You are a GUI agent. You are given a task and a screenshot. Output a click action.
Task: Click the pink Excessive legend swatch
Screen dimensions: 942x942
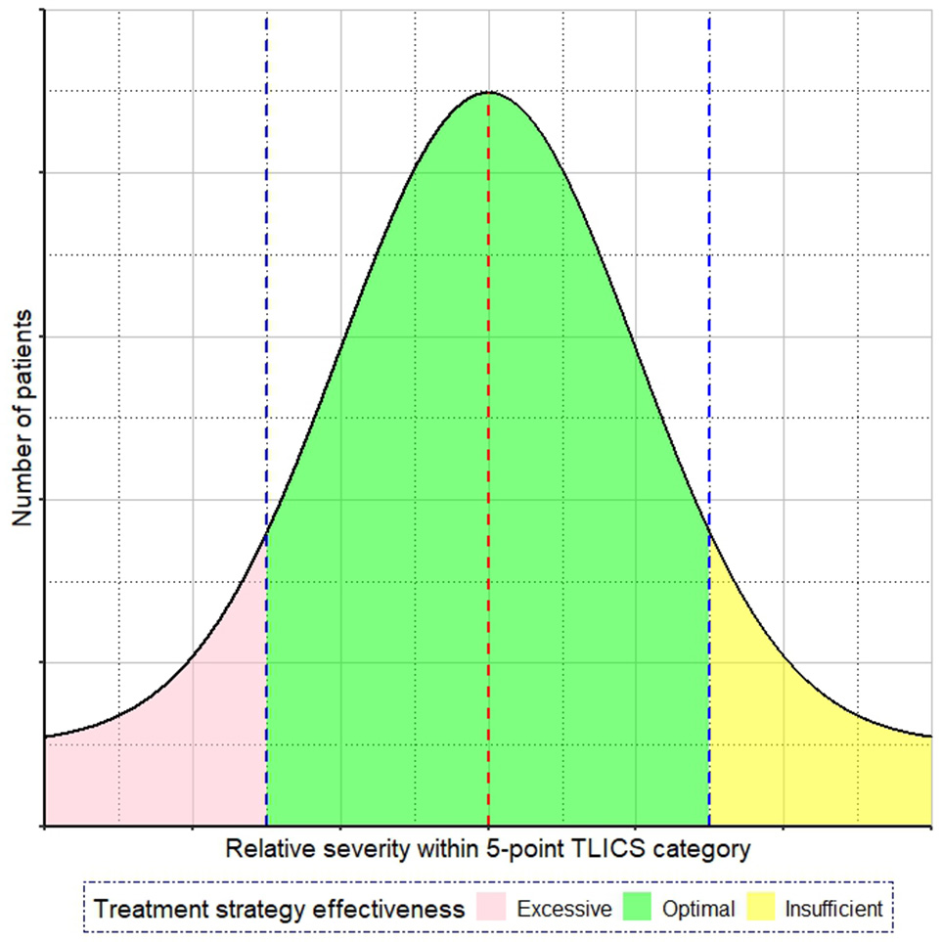498,909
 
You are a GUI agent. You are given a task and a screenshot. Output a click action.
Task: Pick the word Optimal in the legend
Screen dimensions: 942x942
698,910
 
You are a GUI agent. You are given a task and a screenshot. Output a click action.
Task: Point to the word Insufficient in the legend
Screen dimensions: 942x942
834,910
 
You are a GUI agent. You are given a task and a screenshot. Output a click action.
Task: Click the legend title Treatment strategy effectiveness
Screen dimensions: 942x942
279,910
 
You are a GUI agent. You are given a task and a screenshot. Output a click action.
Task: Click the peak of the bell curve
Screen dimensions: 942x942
488,92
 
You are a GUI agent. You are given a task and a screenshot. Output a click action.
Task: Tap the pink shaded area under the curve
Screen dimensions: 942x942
176,763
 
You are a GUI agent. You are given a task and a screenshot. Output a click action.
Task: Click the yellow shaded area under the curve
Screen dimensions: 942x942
802,763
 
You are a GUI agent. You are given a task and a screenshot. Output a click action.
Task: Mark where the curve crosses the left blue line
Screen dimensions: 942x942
266,529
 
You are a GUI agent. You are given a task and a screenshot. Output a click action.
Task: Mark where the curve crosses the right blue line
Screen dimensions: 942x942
709,529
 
